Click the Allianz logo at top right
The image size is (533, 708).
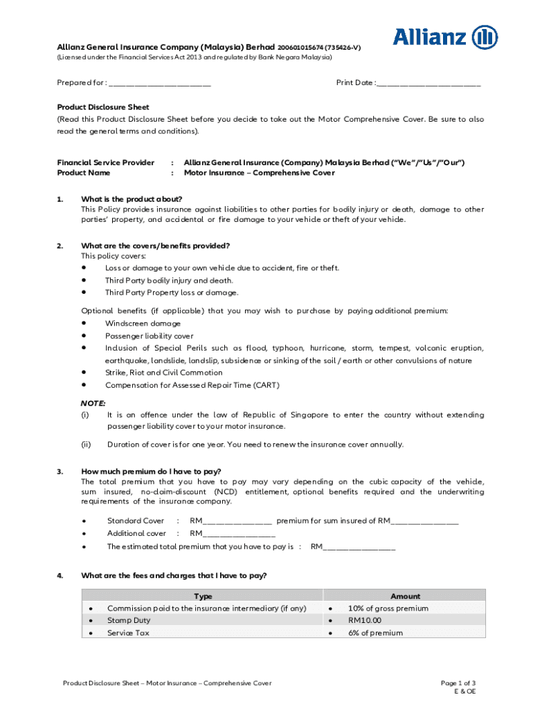445,37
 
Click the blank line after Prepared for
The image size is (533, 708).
160,84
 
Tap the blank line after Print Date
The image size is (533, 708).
428,84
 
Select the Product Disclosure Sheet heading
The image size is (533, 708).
102,107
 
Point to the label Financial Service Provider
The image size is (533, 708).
105,162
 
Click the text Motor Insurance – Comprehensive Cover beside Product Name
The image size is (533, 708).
259,173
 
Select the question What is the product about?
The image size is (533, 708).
132,199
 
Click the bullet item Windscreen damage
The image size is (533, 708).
143,324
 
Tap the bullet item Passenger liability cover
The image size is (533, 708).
150,336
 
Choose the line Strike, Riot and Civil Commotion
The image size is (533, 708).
163,373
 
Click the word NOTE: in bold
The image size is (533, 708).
93,402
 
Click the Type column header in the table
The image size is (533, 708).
203,596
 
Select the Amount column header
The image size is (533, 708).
405,596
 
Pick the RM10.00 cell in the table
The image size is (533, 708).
365,621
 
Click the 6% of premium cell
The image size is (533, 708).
375,633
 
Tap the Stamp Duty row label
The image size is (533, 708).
129,621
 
